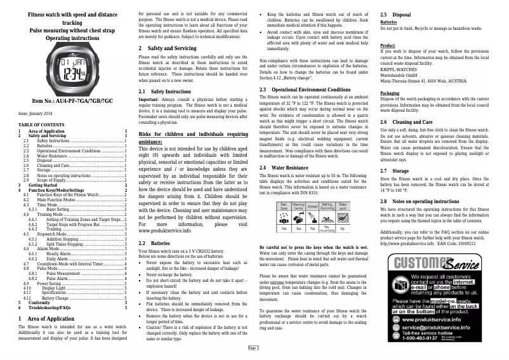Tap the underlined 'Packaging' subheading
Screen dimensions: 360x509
390,93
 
